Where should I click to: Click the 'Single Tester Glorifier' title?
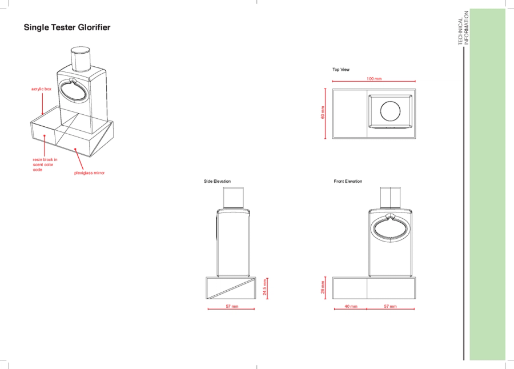click(67, 27)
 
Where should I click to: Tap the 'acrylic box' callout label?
click(41, 89)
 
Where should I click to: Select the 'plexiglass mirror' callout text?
click(89, 173)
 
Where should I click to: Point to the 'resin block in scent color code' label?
click(45, 165)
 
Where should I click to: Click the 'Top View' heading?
click(341, 70)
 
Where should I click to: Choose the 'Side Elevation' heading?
click(217, 181)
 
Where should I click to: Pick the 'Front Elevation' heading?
click(348, 181)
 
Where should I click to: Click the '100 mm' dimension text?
click(374, 79)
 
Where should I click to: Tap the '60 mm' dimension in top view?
click(323, 113)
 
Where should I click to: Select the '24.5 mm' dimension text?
click(265, 287)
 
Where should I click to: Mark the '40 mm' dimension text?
click(351, 306)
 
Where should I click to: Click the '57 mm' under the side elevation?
click(232, 306)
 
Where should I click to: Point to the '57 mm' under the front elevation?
click(390, 306)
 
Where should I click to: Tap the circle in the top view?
click(390, 101)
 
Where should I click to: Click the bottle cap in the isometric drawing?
click(81, 59)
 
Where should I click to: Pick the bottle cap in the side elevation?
click(234, 198)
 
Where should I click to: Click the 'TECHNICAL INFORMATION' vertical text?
click(464, 27)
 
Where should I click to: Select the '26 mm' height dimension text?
click(323, 287)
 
